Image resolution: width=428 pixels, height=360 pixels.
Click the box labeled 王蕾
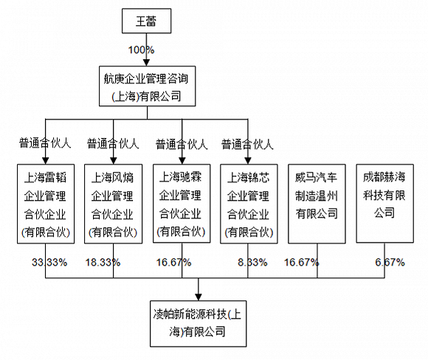click(147, 21)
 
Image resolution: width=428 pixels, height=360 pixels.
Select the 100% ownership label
click(141, 50)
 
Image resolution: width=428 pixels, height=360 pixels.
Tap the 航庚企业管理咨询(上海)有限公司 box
click(147, 86)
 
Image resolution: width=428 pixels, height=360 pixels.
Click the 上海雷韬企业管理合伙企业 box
click(46, 204)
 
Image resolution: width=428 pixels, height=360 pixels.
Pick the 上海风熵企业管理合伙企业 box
click(114, 204)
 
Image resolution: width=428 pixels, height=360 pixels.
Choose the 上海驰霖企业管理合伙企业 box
click(182, 204)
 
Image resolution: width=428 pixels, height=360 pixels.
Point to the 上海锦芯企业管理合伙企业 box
click(249, 204)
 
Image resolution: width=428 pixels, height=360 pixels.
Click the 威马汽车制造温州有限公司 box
click(317, 204)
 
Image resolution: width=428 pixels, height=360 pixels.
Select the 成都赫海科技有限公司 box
click(385, 204)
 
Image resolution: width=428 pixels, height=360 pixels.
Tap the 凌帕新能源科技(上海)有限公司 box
click(199, 324)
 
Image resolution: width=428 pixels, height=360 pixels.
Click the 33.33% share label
click(49, 263)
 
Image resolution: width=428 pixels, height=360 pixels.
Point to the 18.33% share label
click(103, 263)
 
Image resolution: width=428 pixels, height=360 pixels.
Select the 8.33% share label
click(252, 263)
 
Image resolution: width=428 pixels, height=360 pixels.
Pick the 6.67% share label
click(390, 263)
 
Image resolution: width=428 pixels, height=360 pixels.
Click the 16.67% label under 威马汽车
click(301, 263)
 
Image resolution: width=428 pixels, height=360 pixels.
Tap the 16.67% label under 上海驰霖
click(173, 263)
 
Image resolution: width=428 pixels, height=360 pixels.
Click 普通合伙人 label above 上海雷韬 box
click(45, 143)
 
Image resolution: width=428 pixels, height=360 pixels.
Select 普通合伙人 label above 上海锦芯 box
click(247, 145)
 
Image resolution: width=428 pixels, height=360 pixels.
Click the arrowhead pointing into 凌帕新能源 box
click(199, 297)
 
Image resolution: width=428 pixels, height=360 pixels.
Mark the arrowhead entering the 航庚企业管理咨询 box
click(147, 62)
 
